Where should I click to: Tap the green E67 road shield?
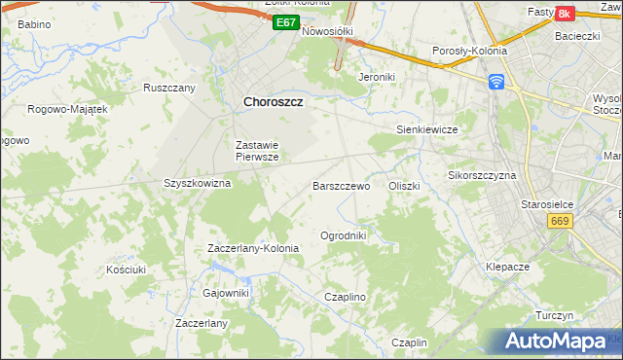tap(285, 21)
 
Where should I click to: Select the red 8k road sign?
tap(564, 14)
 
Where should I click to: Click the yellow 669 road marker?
tap(559, 222)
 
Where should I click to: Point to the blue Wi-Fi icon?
tap(496, 81)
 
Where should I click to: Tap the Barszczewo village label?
tap(341, 185)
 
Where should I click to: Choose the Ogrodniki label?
tap(343, 235)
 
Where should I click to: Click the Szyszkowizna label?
tap(197, 183)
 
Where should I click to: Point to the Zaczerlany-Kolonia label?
tap(253, 248)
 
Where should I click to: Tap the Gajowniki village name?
tap(226, 293)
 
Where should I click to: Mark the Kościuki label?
tap(127, 269)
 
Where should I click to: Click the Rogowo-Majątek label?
tap(67, 109)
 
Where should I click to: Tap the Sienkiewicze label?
tap(426, 128)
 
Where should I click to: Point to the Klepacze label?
tap(507, 266)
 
